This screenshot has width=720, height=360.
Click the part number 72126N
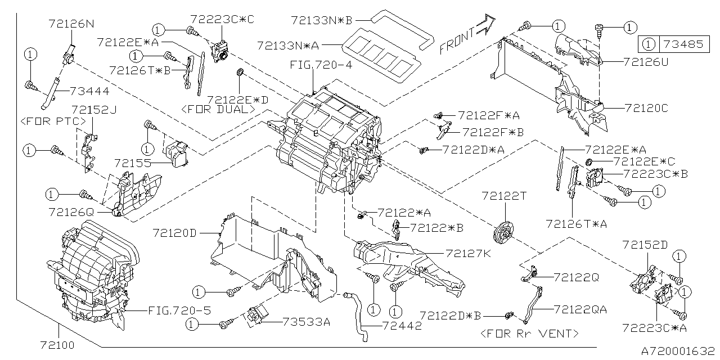tap(71, 24)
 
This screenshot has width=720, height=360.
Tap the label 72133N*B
tap(321, 20)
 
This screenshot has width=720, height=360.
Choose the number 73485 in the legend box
tap(681, 44)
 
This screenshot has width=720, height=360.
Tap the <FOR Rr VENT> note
tap(529, 334)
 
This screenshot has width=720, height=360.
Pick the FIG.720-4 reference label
tap(321, 66)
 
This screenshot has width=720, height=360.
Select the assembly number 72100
tap(57, 343)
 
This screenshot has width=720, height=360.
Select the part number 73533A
tap(307, 322)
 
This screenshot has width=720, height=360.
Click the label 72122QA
tap(580, 309)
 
